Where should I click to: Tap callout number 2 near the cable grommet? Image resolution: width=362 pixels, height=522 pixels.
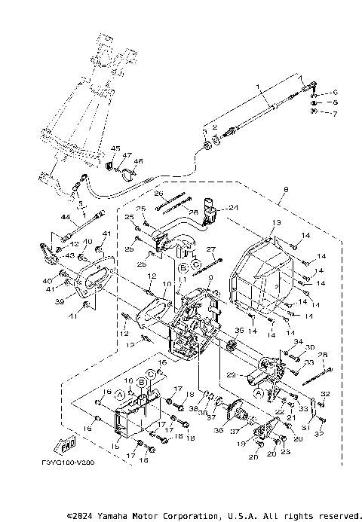tap(214, 127)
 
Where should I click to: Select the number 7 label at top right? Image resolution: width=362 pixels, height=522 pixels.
tap(336, 112)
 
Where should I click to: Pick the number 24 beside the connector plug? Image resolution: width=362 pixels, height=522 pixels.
tap(233, 208)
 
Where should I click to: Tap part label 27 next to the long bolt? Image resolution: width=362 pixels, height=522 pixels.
tap(212, 248)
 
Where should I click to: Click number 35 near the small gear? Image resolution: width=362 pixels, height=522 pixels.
tap(241, 329)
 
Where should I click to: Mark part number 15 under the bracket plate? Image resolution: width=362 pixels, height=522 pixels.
tap(115, 447)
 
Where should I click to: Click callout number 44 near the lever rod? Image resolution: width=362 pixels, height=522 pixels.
tap(65, 218)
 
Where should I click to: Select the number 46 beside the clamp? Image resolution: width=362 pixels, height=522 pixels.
tap(138, 161)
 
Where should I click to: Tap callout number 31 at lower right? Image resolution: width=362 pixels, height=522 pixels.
tap(311, 426)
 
